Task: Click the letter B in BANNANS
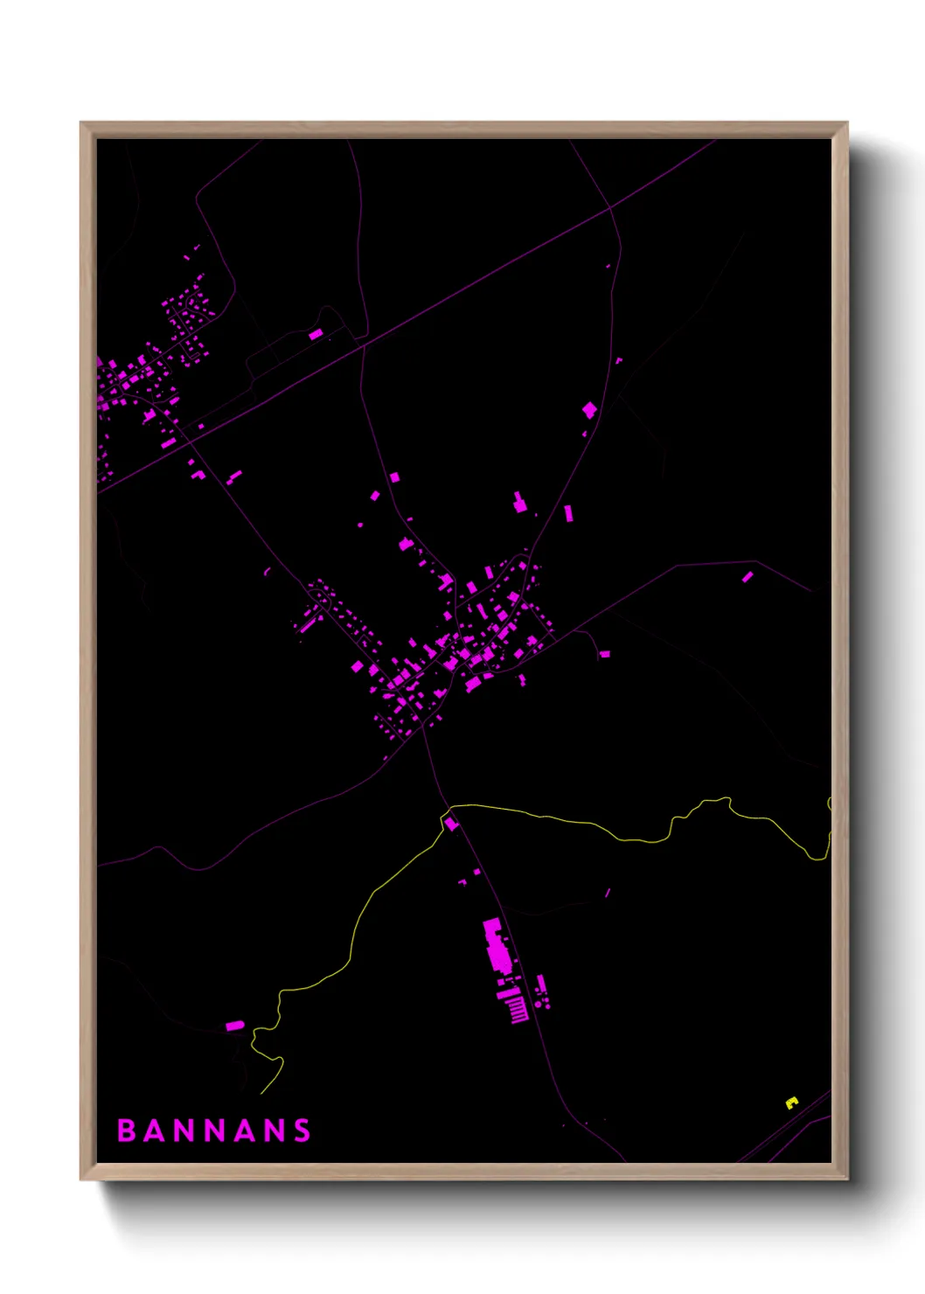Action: [126, 1131]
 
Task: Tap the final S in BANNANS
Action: [302, 1131]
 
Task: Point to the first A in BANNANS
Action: [155, 1131]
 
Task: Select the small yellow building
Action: [791, 1103]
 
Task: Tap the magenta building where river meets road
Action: [451, 823]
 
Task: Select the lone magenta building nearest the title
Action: [234, 1026]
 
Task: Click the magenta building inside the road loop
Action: [316, 334]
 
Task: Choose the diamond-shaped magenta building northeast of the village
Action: [589, 409]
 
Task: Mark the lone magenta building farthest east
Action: [748, 577]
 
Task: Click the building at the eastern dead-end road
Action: [604, 654]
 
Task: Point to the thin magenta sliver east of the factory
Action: [608, 893]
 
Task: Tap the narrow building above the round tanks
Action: [541, 984]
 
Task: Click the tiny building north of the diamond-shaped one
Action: [619, 359]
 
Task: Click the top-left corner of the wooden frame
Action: [81, 123]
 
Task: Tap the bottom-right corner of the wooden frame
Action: [846, 1179]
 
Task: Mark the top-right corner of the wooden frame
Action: [846, 123]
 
